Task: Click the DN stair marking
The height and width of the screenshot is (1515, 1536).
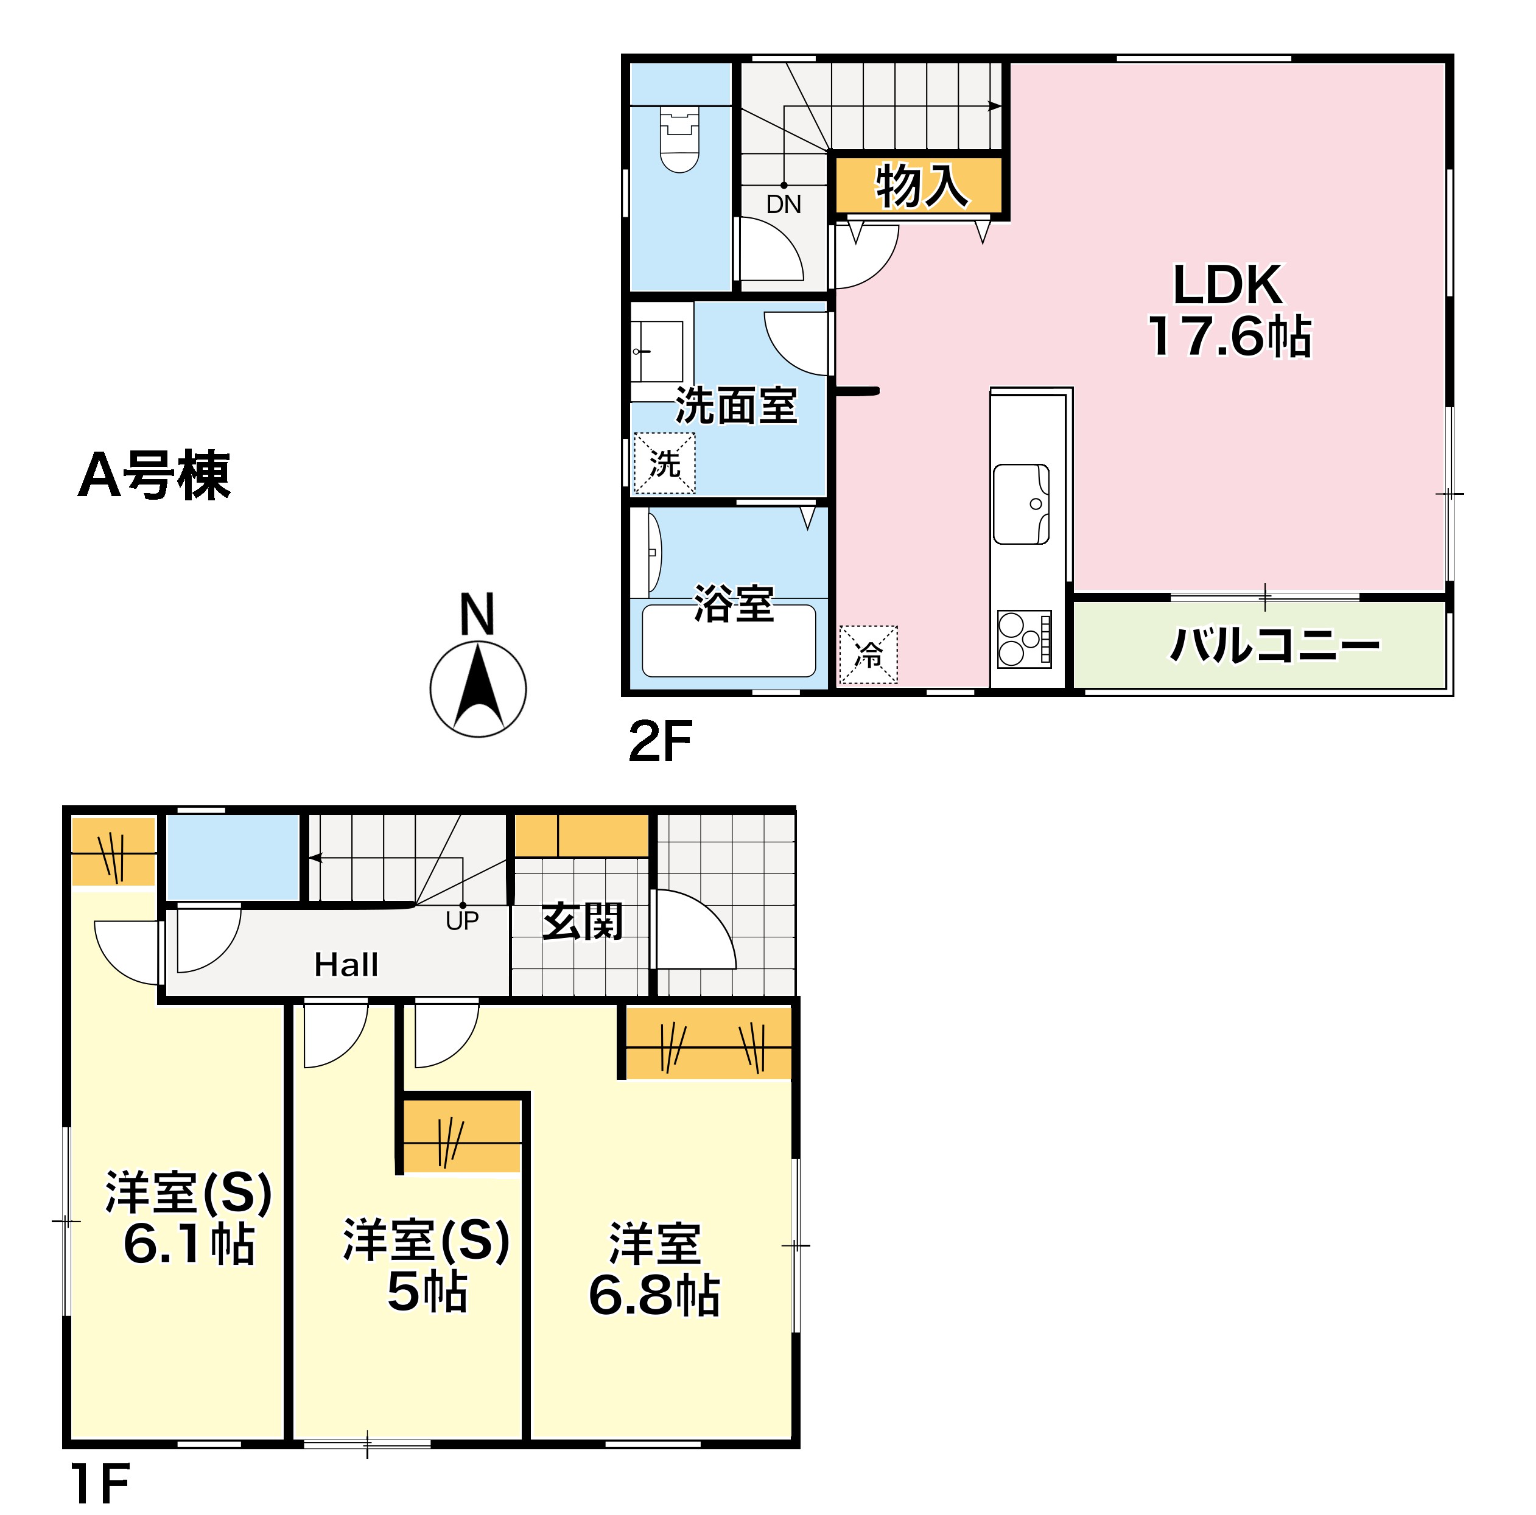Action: click(783, 205)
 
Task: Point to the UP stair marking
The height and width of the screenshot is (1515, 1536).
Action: click(462, 920)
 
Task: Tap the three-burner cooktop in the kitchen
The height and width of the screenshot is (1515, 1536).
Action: click(1023, 639)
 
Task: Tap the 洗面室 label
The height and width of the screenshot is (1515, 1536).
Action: click(735, 406)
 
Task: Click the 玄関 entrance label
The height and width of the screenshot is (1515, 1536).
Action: click(582, 922)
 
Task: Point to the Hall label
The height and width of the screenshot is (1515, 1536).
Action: click(346, 965)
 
